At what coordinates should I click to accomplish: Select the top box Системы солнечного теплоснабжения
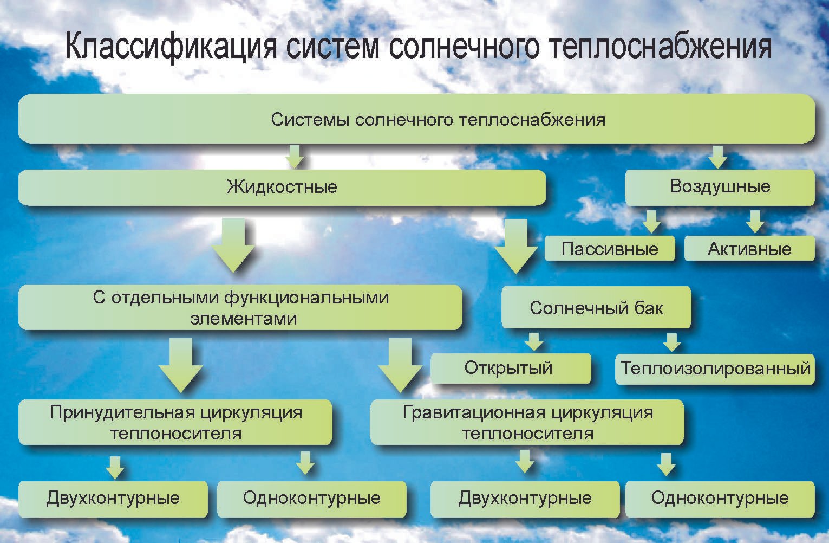point(417,119)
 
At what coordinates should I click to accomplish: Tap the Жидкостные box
point(282,188)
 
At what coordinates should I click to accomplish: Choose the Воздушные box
point(720,187)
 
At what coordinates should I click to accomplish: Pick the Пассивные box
point(610,249)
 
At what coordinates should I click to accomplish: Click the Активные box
point(749,249)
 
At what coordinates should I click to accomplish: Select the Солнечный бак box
point(596,307)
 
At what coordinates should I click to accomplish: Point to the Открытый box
point(511,368)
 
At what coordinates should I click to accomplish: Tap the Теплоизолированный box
point(715,369)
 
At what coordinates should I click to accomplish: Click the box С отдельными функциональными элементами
point(240,307)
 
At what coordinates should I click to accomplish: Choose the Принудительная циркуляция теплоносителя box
point(175,422)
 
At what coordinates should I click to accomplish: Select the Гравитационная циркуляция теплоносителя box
point(527,422)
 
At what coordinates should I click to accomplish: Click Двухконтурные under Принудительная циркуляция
point(113,499)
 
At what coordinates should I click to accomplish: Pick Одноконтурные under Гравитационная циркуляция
point(720,499)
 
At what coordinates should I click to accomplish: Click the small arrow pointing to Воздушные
point(718,157)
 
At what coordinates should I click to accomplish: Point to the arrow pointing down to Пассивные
point(651,222)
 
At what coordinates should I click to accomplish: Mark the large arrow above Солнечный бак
point(516,246)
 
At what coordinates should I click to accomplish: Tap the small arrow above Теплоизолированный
point(672,342)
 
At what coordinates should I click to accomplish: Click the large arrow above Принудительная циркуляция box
point(181,365)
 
